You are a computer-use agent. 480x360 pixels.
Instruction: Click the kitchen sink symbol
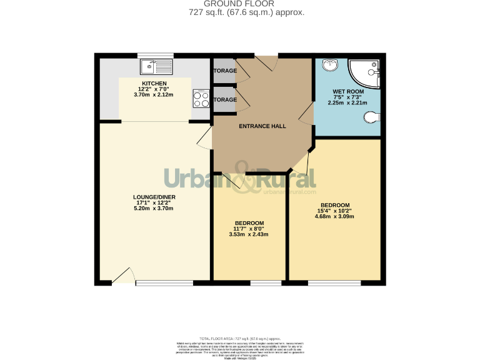[x=155, y=64]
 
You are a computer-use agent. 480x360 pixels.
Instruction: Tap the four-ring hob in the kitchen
[x=201, y=98]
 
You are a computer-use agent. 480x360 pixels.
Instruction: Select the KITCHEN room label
[x=154, y=84]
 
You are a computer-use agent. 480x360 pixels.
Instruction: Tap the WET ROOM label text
[x=347, y=92]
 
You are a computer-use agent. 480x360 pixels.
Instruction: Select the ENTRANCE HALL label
[x=262, y=126]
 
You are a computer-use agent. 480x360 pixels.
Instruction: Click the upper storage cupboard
[x=224, y=71]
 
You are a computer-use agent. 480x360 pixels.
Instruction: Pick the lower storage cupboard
[x=224, y=100]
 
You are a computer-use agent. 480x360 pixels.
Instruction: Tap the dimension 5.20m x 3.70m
[x=154, y=208]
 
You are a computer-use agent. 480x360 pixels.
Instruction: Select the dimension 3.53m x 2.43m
[x=249, y=234]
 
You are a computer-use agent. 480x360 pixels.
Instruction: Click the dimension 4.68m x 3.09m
[x=335, y=217]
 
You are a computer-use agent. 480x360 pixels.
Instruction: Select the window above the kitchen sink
[x=155, y=55]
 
